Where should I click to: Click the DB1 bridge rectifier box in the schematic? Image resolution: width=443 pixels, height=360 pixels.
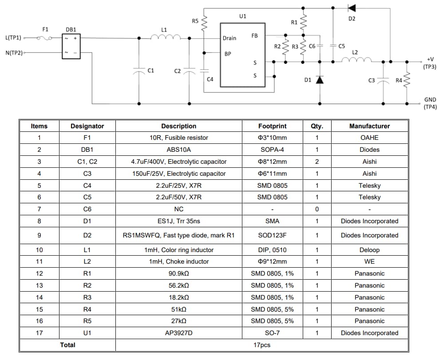tap(71, 46)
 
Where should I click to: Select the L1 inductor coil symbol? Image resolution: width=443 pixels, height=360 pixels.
tap(166, 38)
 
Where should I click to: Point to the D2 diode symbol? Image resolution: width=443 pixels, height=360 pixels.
tap(352, 8)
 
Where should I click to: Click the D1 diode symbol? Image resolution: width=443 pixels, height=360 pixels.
tap(319, 80)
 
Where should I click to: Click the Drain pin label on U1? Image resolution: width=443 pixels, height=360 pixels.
tap(229, 38)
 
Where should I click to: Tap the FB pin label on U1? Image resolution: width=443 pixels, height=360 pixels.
tap(254, 36)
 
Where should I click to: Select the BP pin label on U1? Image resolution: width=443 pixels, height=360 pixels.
tap(227, 54)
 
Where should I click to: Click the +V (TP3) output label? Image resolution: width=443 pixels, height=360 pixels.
tap(430, 63)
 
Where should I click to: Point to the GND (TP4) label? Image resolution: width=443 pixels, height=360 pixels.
tap(430, 103)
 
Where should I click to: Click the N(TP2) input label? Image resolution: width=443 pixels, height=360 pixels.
tap(14, 53)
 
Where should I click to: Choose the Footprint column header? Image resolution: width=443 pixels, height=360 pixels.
tap(272, 126)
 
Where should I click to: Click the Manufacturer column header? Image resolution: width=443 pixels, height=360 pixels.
tap(369, 126)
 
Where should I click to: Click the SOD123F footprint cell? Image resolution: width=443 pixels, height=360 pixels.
tap(272, 235)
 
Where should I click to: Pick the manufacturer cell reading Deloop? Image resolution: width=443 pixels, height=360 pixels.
tap(369, 250)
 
